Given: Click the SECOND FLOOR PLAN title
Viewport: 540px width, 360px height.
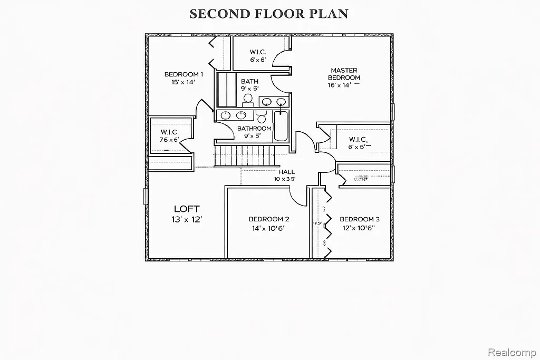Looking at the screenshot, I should pyautogui.click(x=269, y=14).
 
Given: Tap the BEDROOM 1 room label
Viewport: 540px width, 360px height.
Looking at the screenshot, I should pyautogui.click(x=183, y=74).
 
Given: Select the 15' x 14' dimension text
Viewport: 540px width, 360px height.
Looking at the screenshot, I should pyautogui.click(x=183, y=83).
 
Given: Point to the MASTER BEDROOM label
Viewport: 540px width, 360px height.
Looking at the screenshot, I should pyautogui.click(x=344, y=74).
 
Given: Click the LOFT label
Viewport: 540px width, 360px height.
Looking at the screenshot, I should pyautogui.click(x=187, y=209).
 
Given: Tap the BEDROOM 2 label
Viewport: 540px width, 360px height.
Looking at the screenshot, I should pyautogui.click(x=269, y=219).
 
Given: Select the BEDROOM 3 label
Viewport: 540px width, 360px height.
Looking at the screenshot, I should pyautogui.click(x=359, y=219).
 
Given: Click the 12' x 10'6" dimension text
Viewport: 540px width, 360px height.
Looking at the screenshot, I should pyautogui.click(x=359, y=229).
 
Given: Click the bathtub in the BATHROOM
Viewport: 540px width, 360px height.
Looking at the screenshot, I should pyautogui.click(x=281, y=125).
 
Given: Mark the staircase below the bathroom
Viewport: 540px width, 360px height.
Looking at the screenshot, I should pyautogui.click(x=244, y=155).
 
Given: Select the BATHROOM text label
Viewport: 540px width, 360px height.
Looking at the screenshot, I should pyautogui.click(x=254, y=129).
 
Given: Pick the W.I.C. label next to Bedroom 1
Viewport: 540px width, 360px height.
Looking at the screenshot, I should pyautogui.click(x=170, y=132).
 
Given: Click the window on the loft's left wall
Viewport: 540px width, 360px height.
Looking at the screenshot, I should pyautogui.click(x=147, y=196).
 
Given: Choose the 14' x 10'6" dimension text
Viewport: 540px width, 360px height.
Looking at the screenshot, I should pyautogui.click(x=269, y=229).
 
